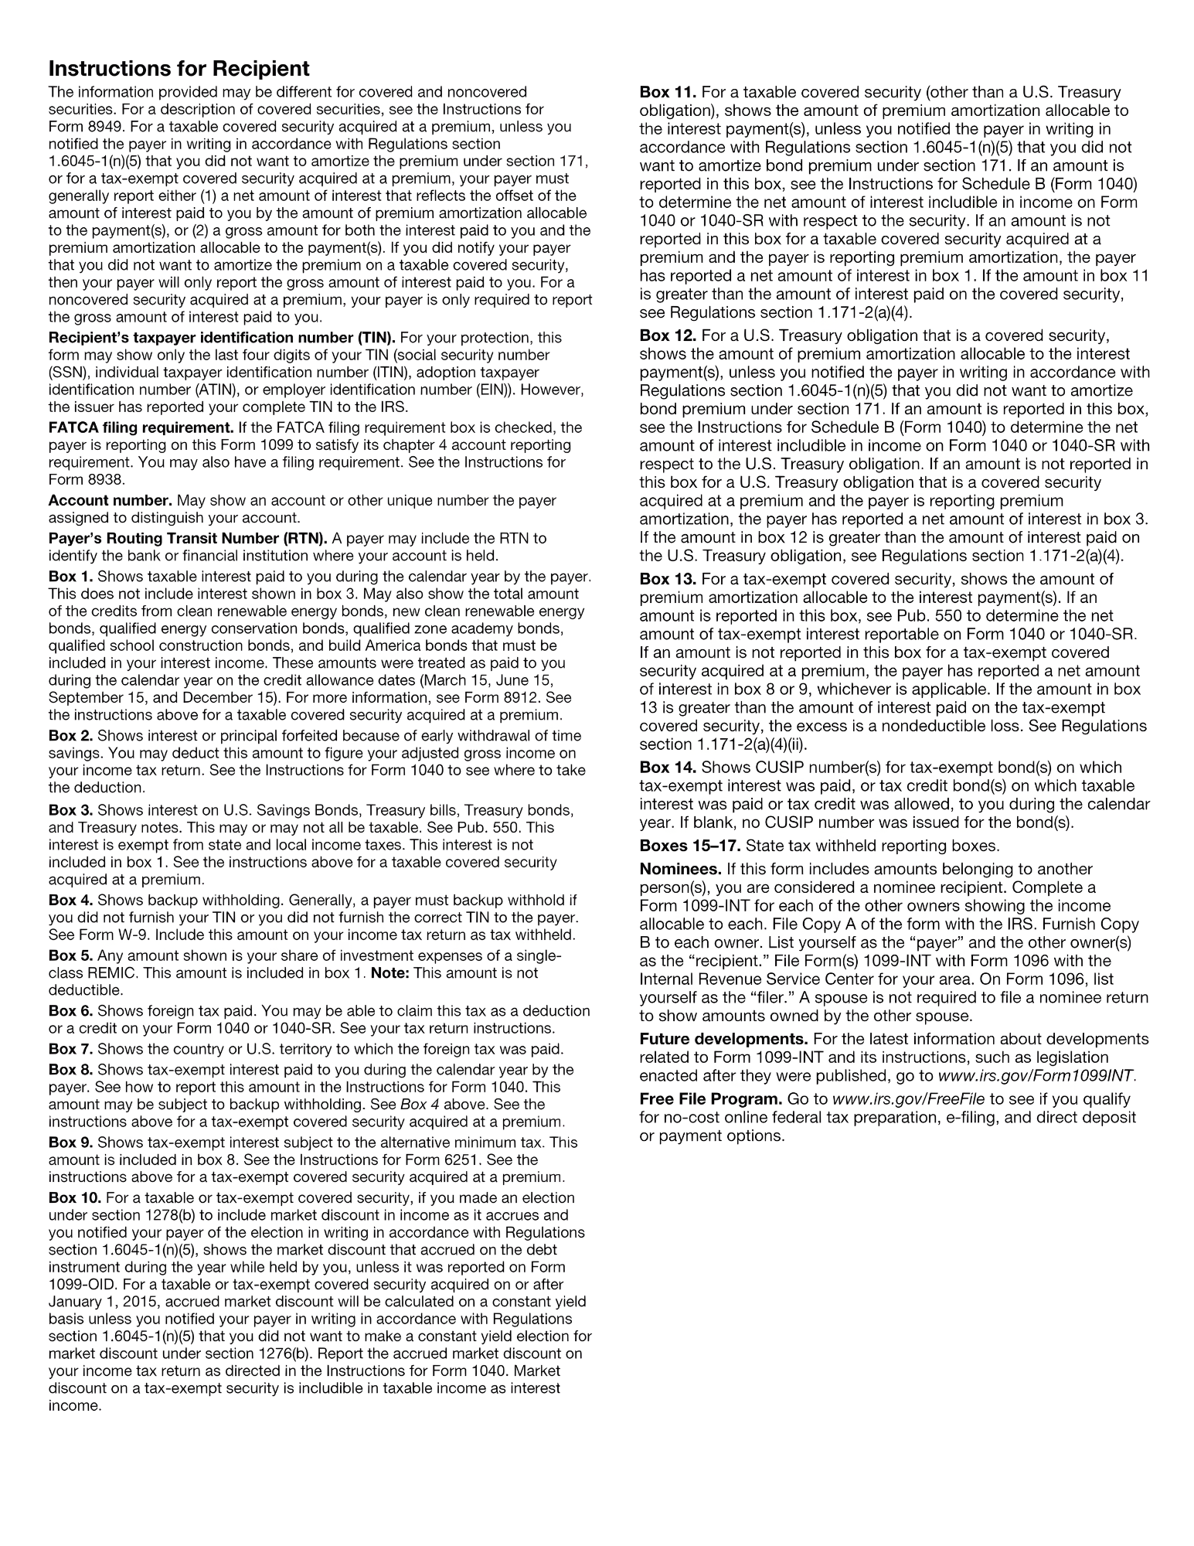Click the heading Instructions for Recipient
[x=179, y=69]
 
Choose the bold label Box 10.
[x=74, y=1198]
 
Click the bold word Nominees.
[x=680, y=869]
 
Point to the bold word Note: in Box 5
[x=390, y=973]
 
